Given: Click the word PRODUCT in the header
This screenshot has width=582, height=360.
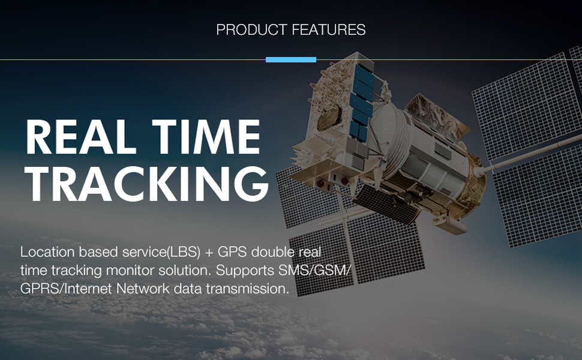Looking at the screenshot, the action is pyautogui.click(x=251, y=29).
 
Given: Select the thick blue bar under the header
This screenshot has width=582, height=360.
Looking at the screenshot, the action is pyautogui.click(x=291, y=60).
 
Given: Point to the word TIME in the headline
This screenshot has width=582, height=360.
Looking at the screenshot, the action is pyautogui.click(x=206, y=137).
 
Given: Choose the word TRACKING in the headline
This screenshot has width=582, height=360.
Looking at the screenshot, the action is pyautogui.click(x=146, y=184).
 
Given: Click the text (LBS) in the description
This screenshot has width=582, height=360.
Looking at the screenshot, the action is pyautogui.click(x=184, y=252).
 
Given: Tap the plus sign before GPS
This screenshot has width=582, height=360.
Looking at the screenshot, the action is pyautogui.click(x=209, y=253).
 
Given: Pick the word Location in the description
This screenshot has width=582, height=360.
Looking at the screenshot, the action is pyautogui.click(x=47, y=252).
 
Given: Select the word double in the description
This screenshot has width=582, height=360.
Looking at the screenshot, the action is pyautogui.click(x=273, y=252).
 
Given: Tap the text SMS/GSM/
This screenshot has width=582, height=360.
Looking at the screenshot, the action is pyautogui.click(x=314, y=271).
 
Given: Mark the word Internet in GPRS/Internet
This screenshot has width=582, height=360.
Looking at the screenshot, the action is pyautogui.click(x=88, y=289).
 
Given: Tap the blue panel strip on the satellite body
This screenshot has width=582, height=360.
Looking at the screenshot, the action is pyautogui.click(x=361, y=101).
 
